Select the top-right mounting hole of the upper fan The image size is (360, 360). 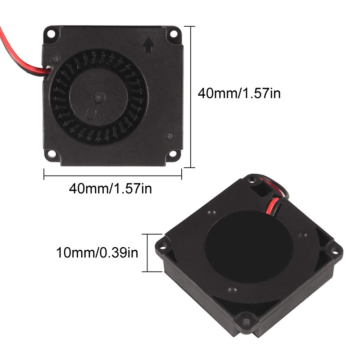(174, 35)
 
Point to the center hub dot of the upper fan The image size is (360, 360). (99, 96)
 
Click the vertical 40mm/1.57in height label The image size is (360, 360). (239, 94)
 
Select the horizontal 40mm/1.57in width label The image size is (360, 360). (110, 188)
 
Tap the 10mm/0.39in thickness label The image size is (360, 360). (97, 253)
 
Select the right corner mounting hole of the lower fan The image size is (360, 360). (334, 249)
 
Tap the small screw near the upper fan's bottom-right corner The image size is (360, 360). (169, 136)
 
